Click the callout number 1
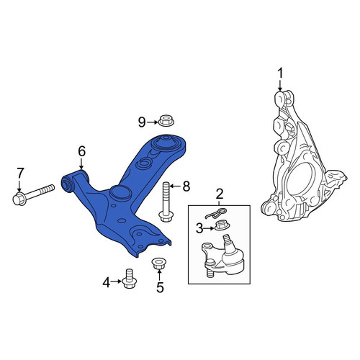(x=280, y=73)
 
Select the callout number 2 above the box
(x=220, y=194)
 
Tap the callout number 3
(x=199, y=229)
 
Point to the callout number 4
(x=107, y=282)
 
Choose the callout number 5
(x=160, y=287)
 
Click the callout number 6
(x=81, y=152)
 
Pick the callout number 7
(x=20, y=174)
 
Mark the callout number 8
(x=186, y=186)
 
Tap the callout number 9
(x=142, y=122)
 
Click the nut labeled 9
(x=166, y=120)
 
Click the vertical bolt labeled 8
(x=166, y=202)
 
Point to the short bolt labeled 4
(x=130, y=279)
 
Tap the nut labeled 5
(x=159, y=264)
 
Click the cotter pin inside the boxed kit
(x=216, y=213)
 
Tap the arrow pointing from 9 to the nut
(x=153, y=122)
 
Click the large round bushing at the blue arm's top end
(x=166, y=143)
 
